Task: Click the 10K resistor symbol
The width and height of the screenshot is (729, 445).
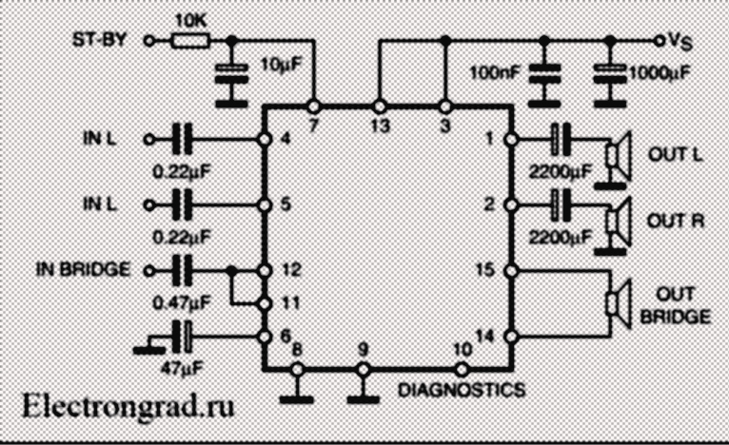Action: click(192, 40)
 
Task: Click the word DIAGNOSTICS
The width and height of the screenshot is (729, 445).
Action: click(461, 389)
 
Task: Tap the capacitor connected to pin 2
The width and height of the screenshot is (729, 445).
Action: click(561, 204)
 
